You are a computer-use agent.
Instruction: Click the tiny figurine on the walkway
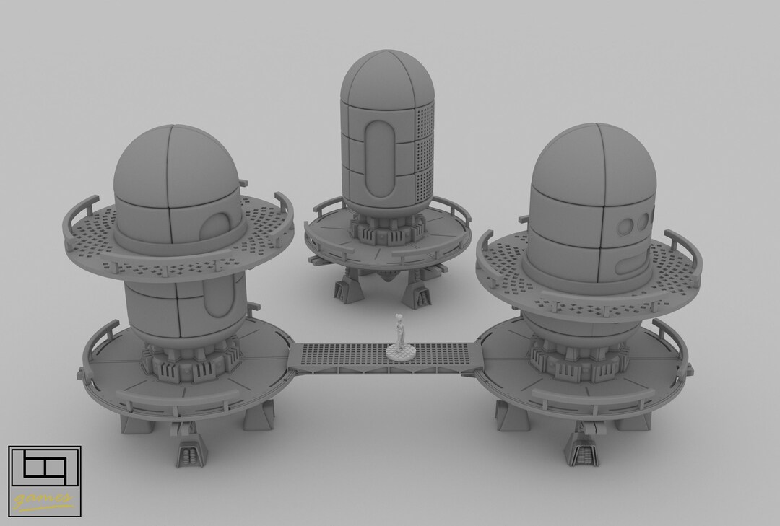coord(399,333)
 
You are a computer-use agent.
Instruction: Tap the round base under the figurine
coord(399,351)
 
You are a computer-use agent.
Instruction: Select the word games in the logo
coord(43,498)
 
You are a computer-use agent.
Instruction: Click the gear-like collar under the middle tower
coord(386,230)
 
